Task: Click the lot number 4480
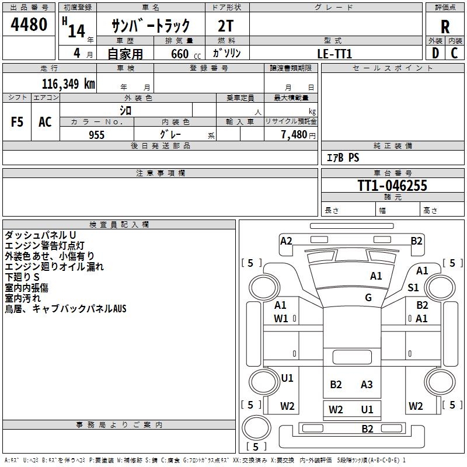pos(29,25)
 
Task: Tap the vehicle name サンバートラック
pos(151,26)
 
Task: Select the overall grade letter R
pos(445,27)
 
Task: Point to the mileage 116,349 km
pos(68,83)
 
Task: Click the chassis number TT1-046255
pos(392,186)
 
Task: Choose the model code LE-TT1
pos(334,53)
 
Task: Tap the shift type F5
pos(17,122)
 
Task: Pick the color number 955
pos(96,135)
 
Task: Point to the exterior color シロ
pos(126,110)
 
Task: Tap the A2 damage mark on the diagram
pos(286,241)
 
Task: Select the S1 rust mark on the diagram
pos(413,287)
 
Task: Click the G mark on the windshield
pos(368,297)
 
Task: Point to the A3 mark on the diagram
pos(367,384)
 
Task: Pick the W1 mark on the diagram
pos(281,318)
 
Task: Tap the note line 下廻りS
pos(22,277)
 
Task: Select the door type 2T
pos(226,26)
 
